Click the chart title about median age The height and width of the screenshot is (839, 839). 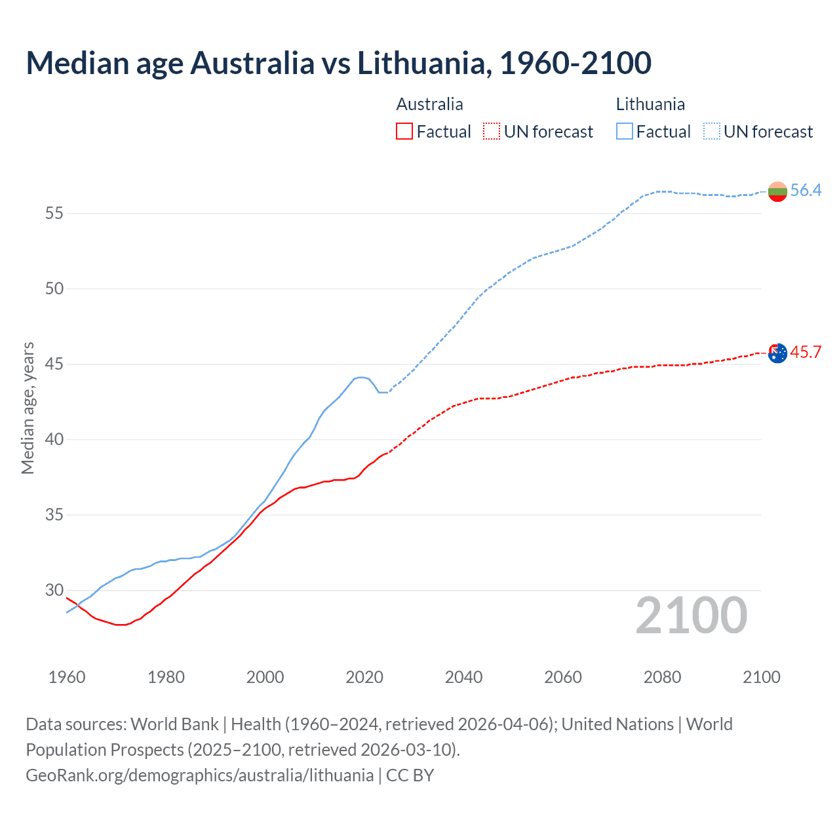point(338,63)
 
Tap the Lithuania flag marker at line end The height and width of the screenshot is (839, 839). point(777,191)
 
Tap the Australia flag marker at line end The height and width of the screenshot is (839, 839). point(777,353)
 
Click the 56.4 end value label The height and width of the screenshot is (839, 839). point(806,190)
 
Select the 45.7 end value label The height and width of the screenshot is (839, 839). point(806,352)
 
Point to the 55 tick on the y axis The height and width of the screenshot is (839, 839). point(54,213)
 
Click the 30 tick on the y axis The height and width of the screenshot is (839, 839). point(54,590)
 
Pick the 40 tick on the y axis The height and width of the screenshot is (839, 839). point(54,439)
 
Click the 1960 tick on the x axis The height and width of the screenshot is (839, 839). point(67,677)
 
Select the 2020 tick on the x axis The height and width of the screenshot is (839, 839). point(364,677)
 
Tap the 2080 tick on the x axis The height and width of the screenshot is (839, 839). point(662,677)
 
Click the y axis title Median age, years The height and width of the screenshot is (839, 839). point(28,408)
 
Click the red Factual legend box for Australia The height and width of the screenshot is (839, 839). point(404,132)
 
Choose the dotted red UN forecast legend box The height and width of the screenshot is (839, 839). point(492,132)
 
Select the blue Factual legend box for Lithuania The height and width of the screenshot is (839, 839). point(625,132)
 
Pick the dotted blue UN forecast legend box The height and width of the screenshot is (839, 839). point(712,132)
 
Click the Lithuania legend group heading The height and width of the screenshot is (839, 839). point(650,104)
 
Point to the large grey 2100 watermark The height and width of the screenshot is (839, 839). point(692,615)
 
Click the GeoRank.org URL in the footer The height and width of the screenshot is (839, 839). point(199,775)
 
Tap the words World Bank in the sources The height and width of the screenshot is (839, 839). point(174,724)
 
